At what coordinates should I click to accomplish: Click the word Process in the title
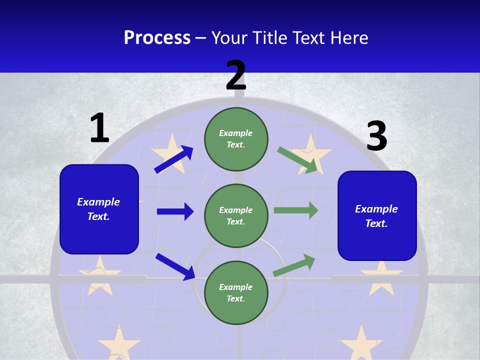tap(157, 38)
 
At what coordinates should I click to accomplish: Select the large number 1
tap(99, 128)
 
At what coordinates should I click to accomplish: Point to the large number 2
tap(236, 75)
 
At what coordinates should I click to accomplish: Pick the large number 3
tap(376, 136)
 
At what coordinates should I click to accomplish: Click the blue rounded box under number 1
tap(99, 209)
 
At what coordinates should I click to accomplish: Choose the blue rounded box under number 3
tap(377, 216)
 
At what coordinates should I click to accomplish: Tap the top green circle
tap(236, 139)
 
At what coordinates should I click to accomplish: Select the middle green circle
tap(236, 216)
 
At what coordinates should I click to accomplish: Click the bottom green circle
tap(236, 293)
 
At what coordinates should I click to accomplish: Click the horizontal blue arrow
tap(175, 211)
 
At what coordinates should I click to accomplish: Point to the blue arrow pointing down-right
tap(175, 266)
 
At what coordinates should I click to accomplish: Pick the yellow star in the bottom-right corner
tap(361, 344)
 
